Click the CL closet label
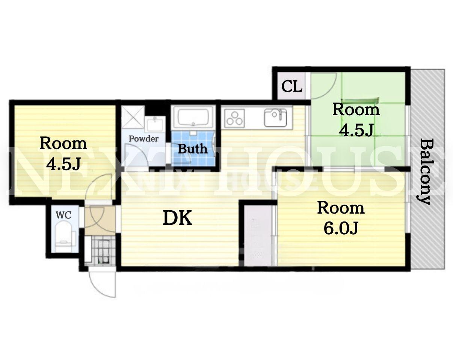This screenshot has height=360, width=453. [292, 86]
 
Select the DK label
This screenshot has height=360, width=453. [177, 218]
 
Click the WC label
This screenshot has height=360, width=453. [63, 215]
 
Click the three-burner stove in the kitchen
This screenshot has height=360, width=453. [234, 118]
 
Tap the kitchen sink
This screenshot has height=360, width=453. [275, 117]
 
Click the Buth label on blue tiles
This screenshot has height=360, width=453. [193, 149]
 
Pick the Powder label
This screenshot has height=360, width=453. [143, 139]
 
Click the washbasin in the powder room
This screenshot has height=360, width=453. [156, 125]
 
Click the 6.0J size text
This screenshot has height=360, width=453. [341, 228]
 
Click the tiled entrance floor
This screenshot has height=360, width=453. [100, 250]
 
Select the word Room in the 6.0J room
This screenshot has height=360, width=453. [341, 208]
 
